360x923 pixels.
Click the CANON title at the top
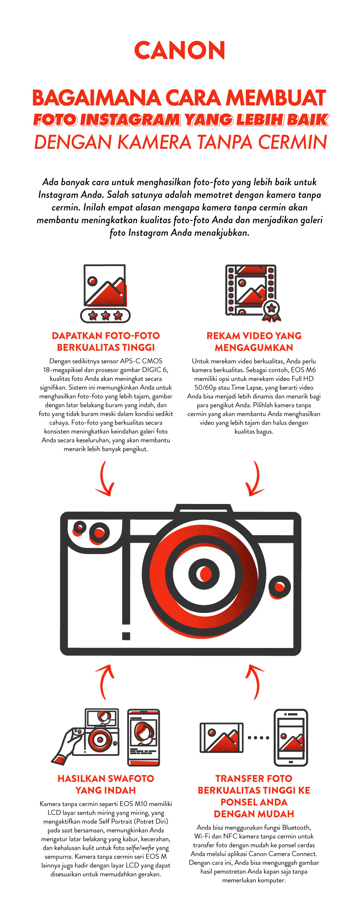tap(179, 51)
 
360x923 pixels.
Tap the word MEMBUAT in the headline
tap(276, 98)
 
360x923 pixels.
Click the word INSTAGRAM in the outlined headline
tap(130, 120)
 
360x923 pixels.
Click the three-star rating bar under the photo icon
tap(105, 315)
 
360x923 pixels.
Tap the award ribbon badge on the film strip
tap(271, 310)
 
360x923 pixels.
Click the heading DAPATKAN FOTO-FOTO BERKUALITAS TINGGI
tap(106, 341)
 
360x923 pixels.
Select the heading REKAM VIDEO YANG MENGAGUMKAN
tap(254, 341)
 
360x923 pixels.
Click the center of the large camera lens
tap(204, 574)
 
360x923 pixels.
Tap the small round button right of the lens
tap(280, 587)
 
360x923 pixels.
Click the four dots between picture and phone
tap(258, 738)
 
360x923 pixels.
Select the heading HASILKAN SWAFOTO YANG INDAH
tap(106, 784)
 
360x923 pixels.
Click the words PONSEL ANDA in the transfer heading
tap(254, 802)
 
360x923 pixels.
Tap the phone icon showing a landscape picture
tap(291, 738)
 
